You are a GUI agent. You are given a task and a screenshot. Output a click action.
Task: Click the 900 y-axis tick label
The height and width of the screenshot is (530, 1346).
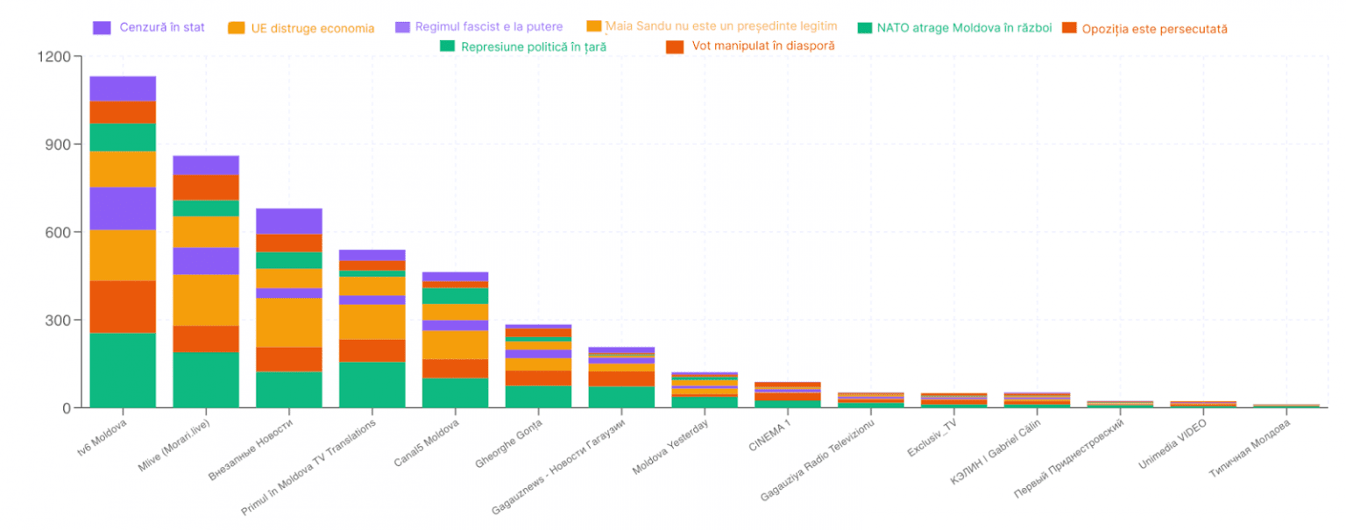(x=58, y=145)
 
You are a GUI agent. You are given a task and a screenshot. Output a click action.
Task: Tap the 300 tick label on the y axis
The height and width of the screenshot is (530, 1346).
(x=58, y=321)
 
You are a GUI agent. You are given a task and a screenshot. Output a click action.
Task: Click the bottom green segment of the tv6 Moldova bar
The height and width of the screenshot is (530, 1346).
(x=123, y=371)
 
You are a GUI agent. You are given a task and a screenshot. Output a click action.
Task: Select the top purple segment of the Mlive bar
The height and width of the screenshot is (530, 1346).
(x=206, y=165)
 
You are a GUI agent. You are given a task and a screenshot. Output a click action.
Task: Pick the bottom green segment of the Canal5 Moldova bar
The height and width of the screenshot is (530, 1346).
(x=455, y=392)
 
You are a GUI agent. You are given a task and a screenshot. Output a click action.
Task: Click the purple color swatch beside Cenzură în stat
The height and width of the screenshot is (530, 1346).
(x=102, y=27)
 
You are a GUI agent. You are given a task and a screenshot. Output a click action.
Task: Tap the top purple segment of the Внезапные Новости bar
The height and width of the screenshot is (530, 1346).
(x=288, y=221)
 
